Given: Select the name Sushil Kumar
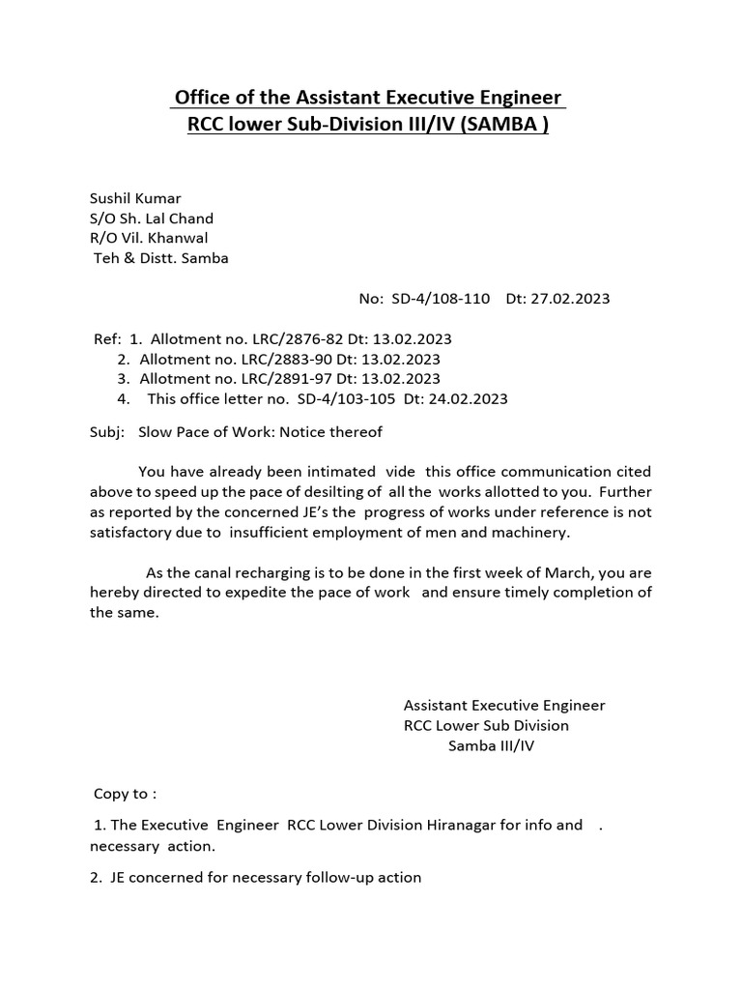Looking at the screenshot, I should tap(135, 198).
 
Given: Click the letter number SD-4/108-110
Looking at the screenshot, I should tap(441, 299).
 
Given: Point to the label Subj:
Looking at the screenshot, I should tap(107, 432).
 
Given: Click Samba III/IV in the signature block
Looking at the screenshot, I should tap(490, 745).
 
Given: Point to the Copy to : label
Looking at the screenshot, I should tap(125, 794).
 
